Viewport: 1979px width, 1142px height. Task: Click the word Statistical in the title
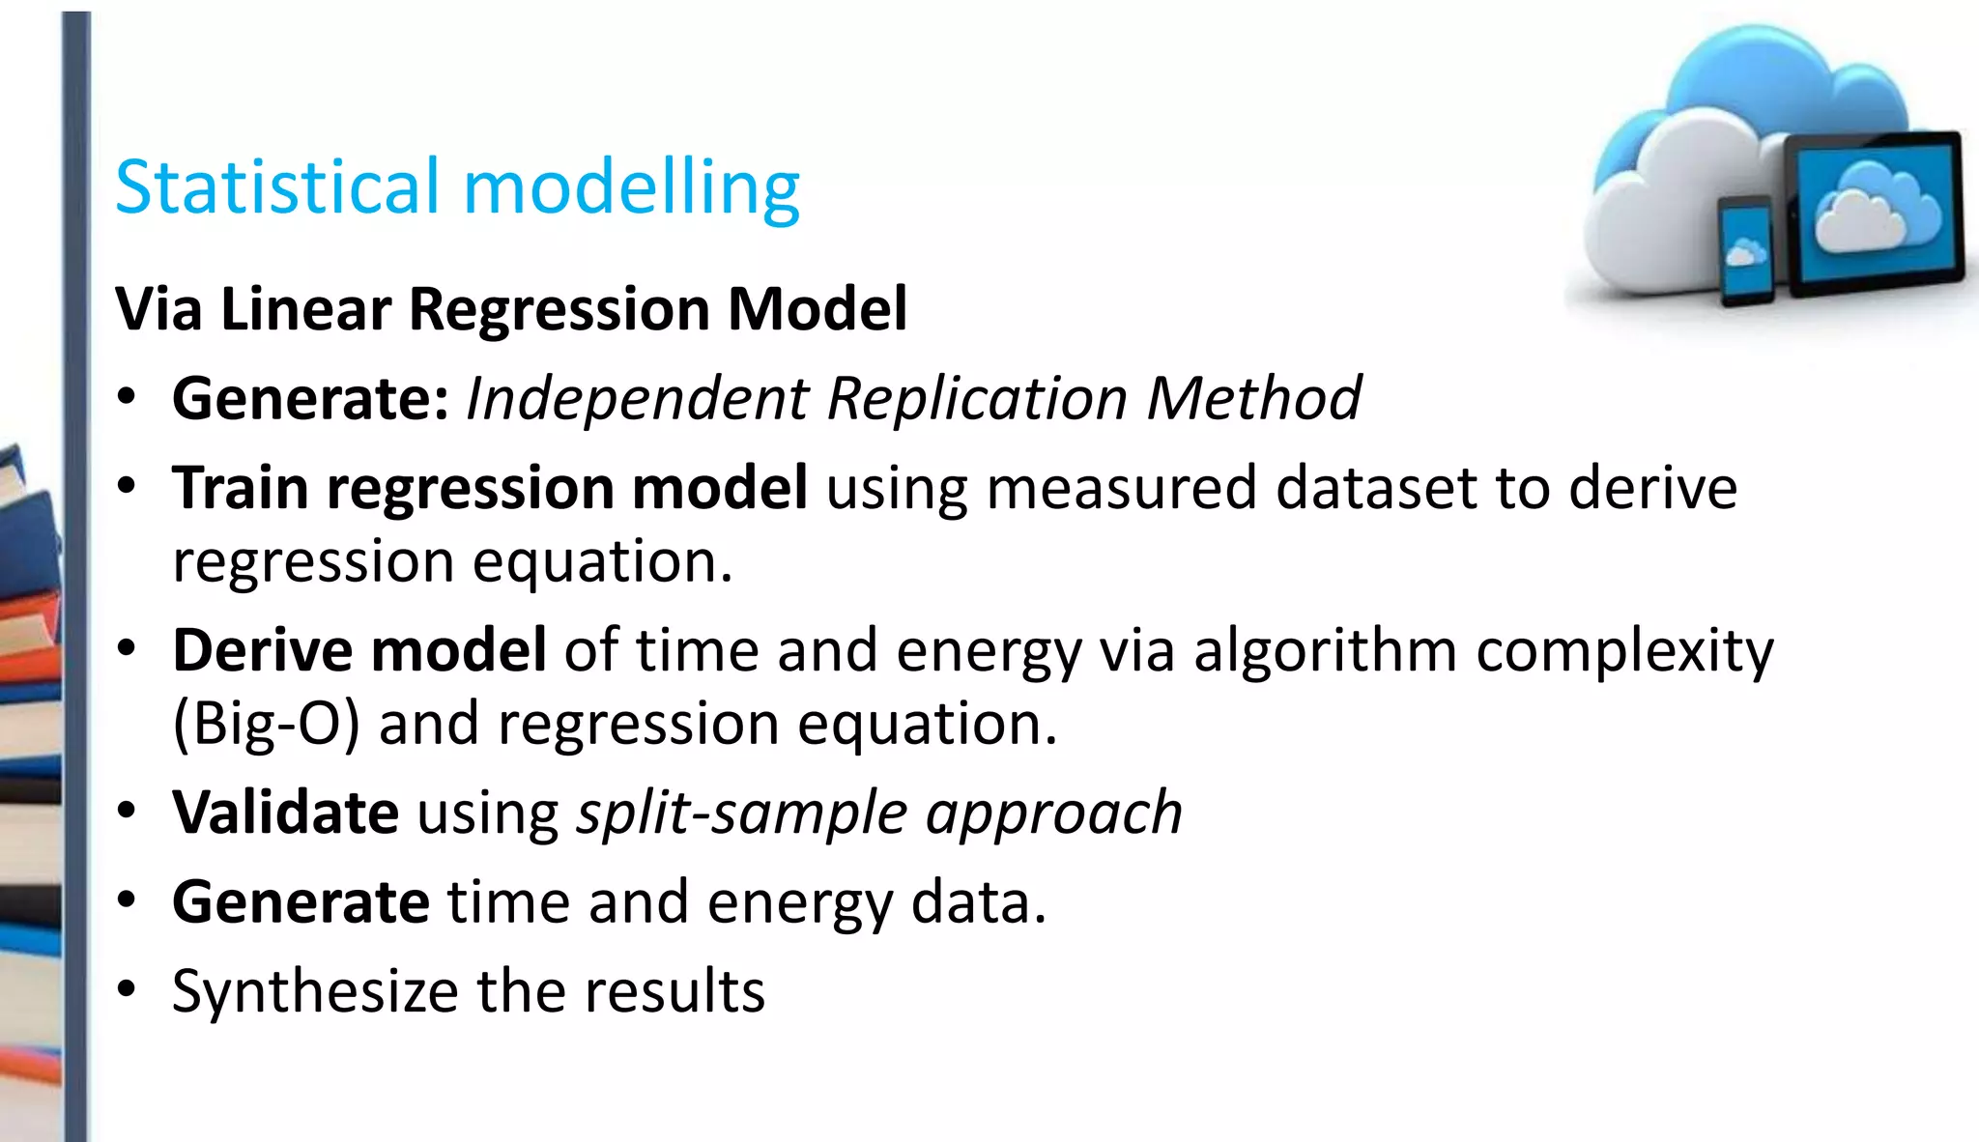276,186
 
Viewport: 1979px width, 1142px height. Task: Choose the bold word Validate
285,812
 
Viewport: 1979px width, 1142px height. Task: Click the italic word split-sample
741,814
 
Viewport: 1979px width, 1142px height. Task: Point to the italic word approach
1054,814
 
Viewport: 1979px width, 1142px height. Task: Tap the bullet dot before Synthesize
127,990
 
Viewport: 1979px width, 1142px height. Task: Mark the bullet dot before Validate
127,812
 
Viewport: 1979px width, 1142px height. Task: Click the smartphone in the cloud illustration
1746,251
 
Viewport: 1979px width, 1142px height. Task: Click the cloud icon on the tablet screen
1876,208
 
